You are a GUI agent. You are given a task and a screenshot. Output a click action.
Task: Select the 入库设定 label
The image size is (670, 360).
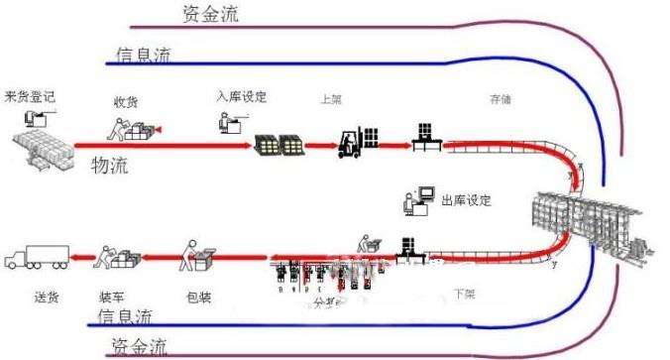coord(242,97)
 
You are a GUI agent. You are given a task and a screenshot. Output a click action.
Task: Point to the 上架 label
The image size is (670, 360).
coord(331,100)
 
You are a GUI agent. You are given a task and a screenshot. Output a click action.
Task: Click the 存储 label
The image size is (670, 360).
coord(500,100)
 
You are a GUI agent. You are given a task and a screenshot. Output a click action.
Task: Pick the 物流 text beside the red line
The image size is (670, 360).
coord(110,164)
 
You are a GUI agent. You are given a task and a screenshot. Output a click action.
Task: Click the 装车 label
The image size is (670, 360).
coord(110,295)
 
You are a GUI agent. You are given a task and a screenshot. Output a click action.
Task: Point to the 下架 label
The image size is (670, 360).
coord(465,294)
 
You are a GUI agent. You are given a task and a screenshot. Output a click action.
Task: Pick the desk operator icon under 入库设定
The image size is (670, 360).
coord(229,123)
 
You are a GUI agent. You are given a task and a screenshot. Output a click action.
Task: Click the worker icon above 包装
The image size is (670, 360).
coord(195,256)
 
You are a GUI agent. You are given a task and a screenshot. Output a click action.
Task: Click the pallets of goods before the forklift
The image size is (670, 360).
coord(279,144)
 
